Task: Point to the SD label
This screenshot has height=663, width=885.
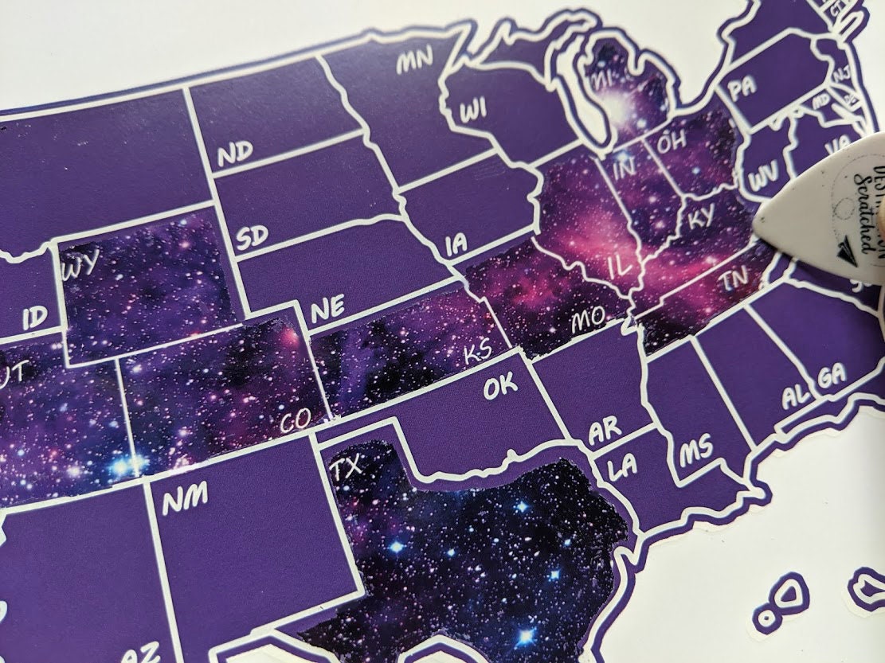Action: tap(253, 237)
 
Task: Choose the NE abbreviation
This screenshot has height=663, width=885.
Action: tap(327, 311)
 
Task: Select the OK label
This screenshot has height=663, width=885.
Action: tap(500, 388)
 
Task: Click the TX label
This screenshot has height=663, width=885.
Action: tap(349, 468)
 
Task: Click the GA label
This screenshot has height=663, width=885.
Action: tap(831, 377)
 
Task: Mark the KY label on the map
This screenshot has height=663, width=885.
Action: tap(701, 216)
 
